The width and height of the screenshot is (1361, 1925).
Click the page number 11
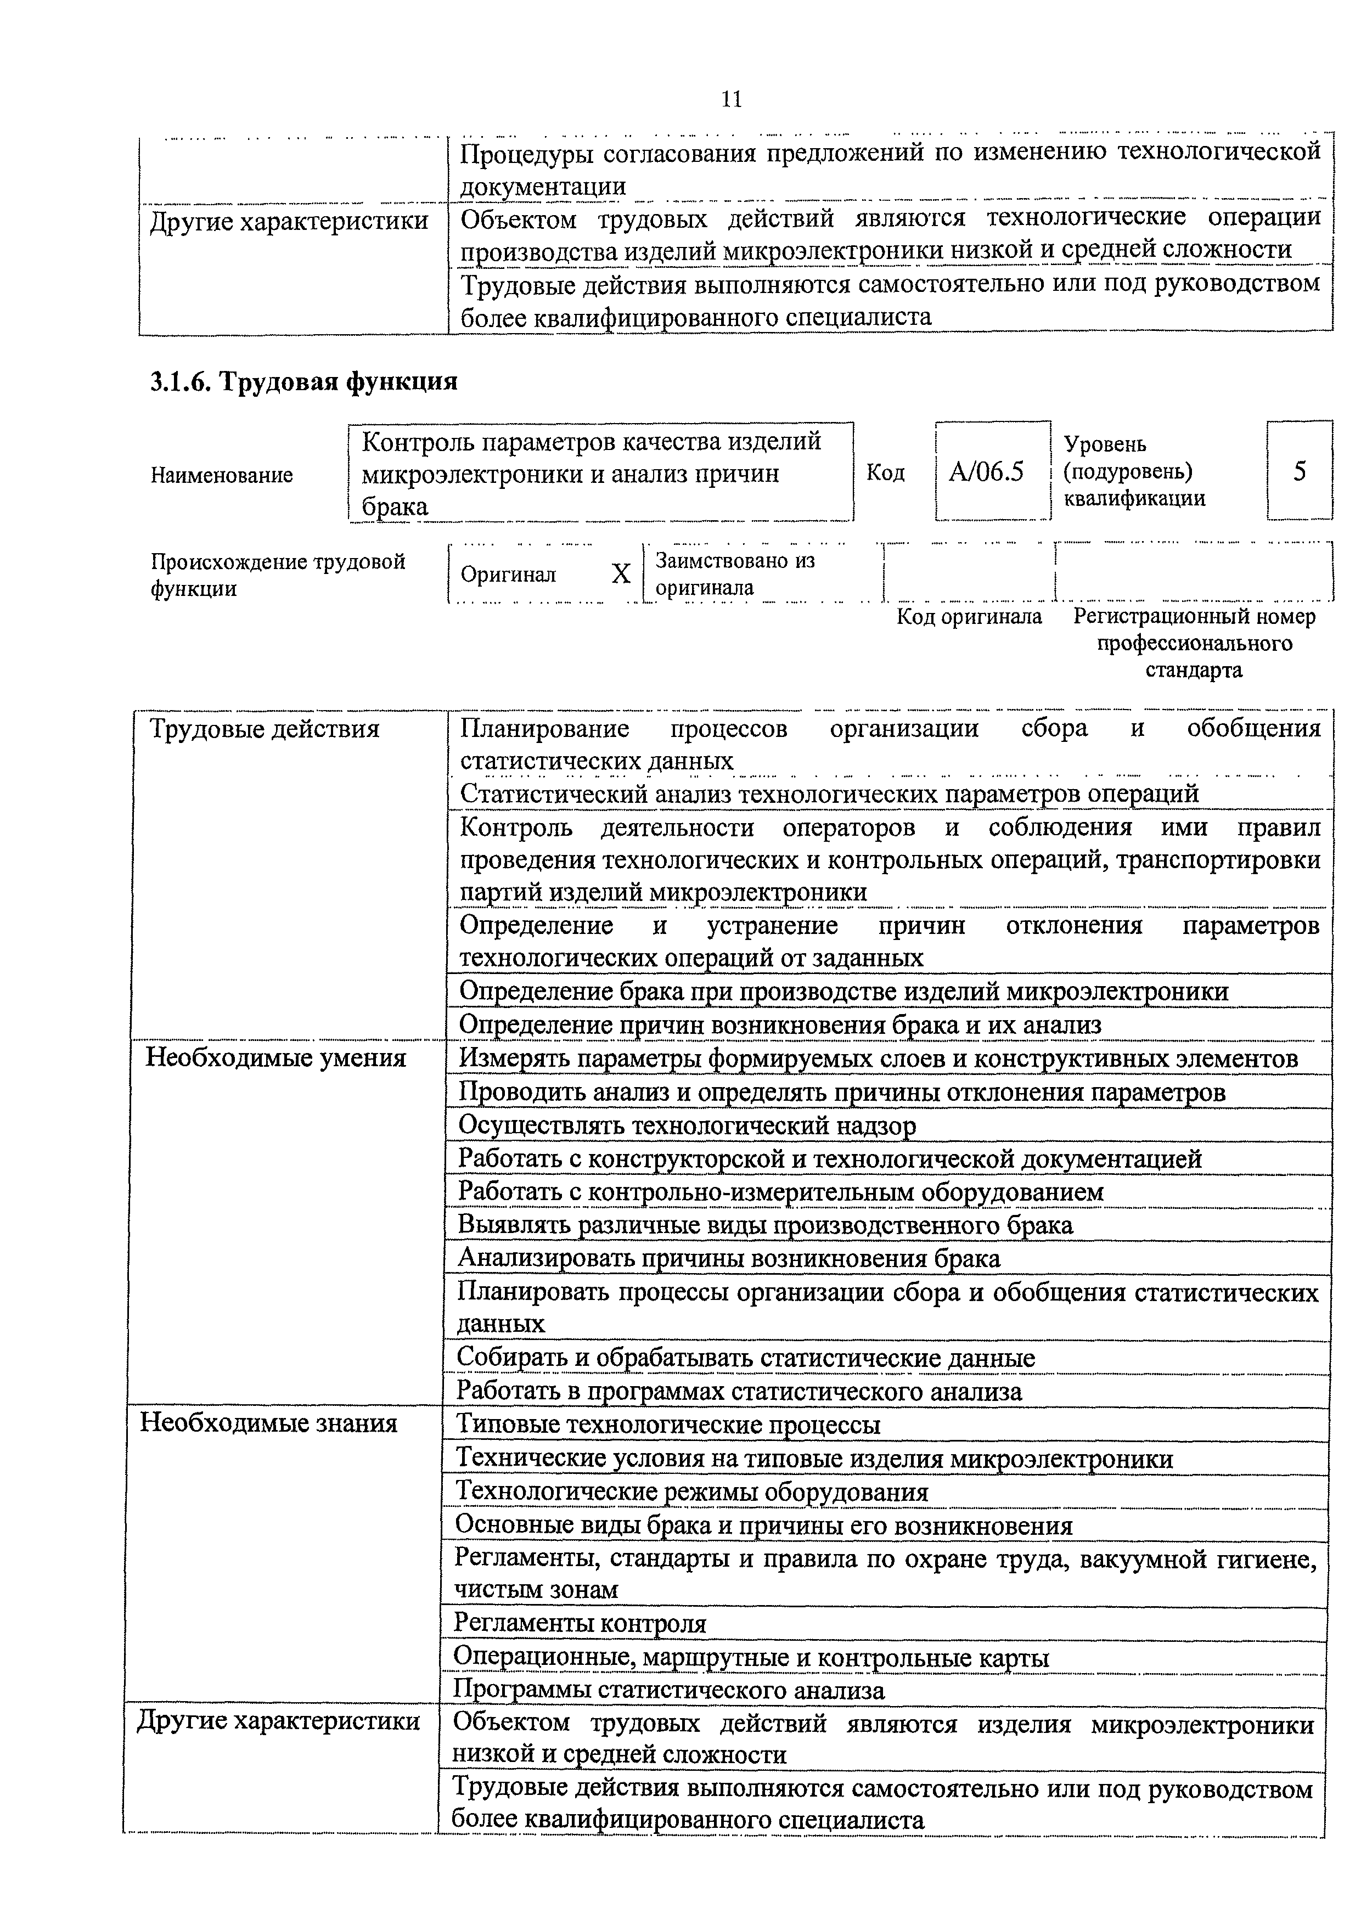731,100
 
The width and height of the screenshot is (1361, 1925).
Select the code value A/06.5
986,472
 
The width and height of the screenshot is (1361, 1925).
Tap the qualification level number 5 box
1299,471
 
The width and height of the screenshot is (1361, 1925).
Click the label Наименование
221,475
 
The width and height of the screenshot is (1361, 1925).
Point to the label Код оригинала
969,617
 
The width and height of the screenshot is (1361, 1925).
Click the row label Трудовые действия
264,729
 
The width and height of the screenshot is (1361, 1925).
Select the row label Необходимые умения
276,1058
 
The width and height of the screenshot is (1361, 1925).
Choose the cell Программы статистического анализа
668,1690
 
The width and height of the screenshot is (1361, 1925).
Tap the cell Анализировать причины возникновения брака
729,1258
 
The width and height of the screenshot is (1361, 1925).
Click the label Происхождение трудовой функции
278,575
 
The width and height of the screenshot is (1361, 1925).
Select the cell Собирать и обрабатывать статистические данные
745,1358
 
